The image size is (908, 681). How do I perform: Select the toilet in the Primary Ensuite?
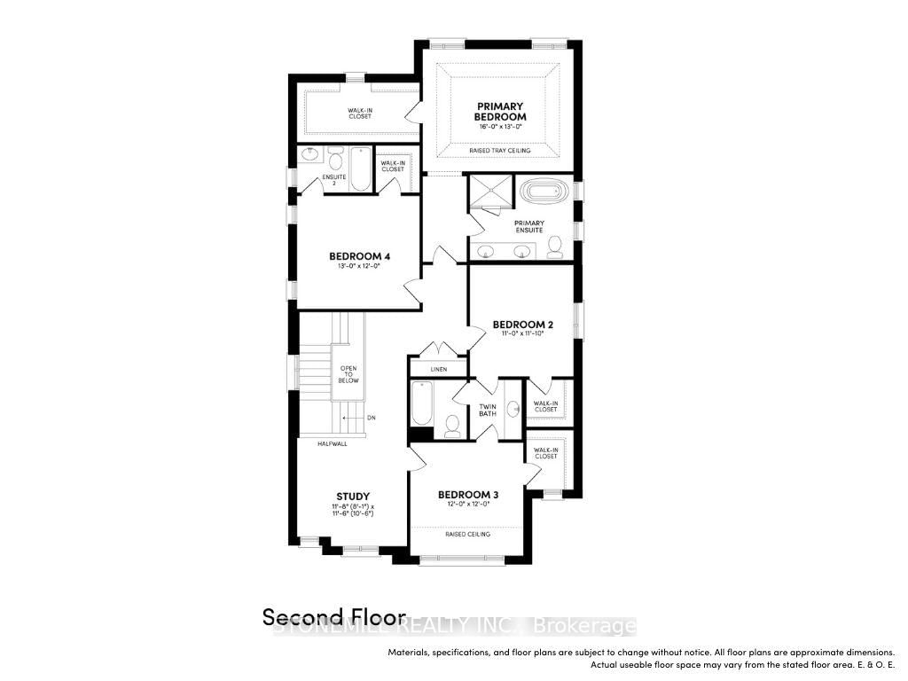(555, 247)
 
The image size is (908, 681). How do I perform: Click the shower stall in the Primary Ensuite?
(491, 190)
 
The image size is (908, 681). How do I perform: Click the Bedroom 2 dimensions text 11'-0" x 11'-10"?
(523, 334)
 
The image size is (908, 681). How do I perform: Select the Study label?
(352, 496)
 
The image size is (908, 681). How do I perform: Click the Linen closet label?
(439, 368)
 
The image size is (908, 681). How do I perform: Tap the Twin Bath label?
(487, 410)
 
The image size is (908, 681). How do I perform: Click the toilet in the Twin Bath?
(451, 427)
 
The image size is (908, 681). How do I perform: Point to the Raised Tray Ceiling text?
(499, 151)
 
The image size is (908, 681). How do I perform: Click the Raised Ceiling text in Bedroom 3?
(467, 534)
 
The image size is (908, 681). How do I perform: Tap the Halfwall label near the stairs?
(333, 443)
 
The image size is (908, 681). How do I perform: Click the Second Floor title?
(333, 616)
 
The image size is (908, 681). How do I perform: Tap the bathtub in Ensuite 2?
(360, 169)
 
